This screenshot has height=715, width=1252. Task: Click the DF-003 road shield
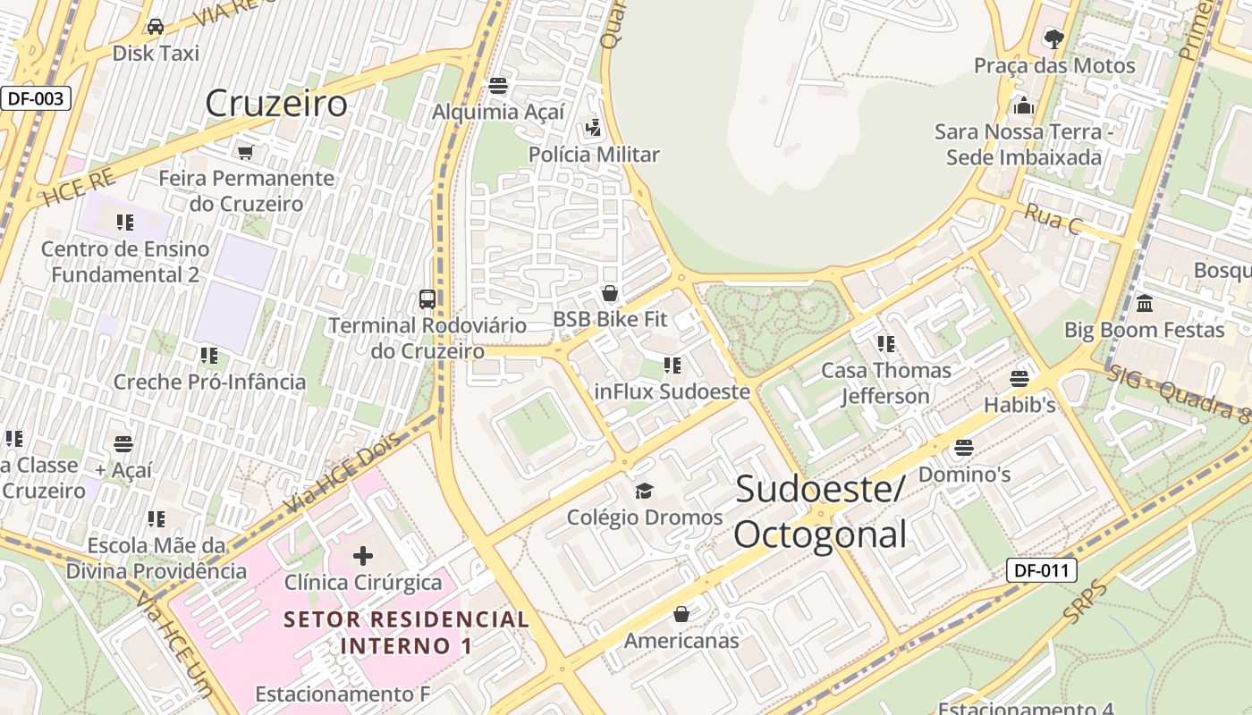coord(36,98)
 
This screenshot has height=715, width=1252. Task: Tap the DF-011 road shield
coord(1041,570)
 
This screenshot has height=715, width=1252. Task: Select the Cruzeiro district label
coord(276,104)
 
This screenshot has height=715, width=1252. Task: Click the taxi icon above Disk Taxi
coord(156,27)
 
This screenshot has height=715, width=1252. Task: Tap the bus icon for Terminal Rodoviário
coord(427,299)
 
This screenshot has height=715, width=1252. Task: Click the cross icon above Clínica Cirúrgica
coord(363,557)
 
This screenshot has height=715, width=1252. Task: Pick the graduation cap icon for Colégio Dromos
coord(644,491)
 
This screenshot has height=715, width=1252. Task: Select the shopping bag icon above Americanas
coord(681,614)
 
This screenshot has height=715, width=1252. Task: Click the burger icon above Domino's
coord(964,447)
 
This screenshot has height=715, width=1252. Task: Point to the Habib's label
coord(1019,405)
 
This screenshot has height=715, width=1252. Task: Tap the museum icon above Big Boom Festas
coord(1145,304)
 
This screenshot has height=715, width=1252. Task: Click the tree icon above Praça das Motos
coord(1054,38)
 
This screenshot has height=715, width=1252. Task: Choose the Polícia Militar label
coord(594,155)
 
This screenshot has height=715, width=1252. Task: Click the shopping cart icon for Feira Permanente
coord(246,152)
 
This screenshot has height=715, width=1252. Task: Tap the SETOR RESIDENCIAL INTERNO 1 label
coord(406,632)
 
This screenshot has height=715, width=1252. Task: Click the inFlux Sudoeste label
coord(672,391)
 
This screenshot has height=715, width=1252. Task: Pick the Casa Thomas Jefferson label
coord(886,383)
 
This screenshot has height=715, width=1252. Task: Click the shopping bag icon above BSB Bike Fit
coord(610,293)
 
